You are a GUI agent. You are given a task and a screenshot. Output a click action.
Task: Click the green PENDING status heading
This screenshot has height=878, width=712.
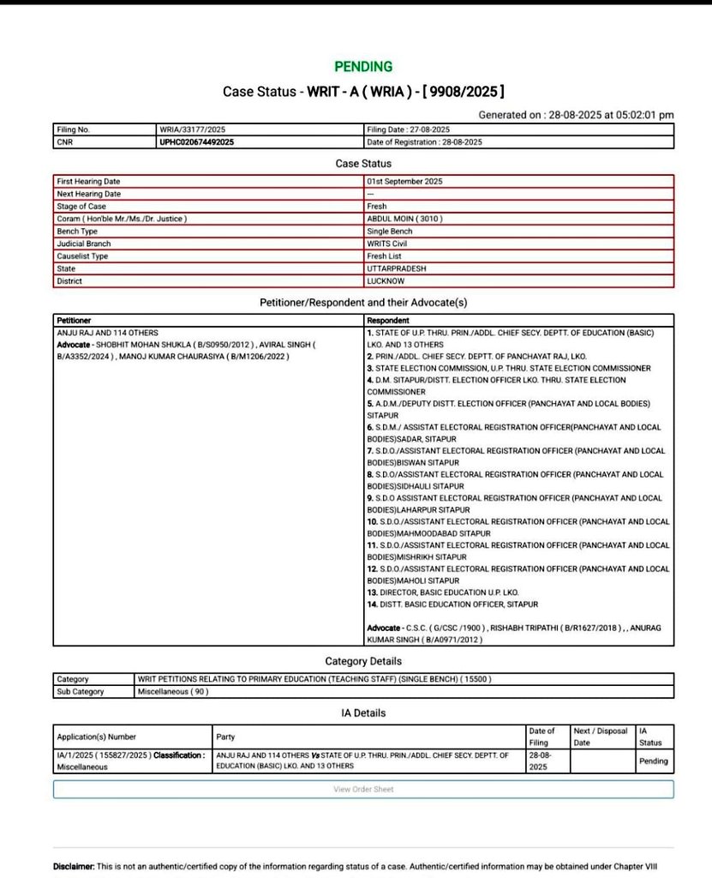point(363,66)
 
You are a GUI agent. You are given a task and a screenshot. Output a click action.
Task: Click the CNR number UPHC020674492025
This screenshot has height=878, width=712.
point(197,142)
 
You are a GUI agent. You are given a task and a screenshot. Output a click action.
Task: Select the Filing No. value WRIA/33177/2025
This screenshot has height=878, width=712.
point(194,129)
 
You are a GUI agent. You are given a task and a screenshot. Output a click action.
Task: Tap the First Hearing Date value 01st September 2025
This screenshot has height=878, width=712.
point(404,181)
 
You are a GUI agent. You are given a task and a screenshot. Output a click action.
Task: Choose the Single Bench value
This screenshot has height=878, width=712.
point(390,232)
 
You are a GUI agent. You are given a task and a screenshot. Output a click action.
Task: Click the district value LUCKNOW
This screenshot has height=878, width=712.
point(386,281)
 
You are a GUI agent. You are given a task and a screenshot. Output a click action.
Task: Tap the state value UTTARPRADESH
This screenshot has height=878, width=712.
point(396,268)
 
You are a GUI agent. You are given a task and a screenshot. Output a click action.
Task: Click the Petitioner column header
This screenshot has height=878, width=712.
point(74,319)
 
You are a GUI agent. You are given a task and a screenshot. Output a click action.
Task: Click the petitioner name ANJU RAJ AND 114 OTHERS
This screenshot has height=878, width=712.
point(107,332)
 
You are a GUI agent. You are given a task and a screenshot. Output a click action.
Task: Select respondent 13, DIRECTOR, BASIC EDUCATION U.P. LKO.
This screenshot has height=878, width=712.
point(443,592)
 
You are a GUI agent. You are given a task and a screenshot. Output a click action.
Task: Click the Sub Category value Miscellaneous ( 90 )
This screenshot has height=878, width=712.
point(172,691)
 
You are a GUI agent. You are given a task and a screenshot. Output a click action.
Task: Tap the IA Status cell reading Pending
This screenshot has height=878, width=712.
point(653,761)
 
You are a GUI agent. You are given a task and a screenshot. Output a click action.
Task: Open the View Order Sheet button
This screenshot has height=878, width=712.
point(363,789)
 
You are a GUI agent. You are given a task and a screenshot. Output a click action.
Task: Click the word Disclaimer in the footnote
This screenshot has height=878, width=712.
point(74,867)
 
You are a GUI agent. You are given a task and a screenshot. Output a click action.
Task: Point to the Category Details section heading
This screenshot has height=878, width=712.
point(363,661)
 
